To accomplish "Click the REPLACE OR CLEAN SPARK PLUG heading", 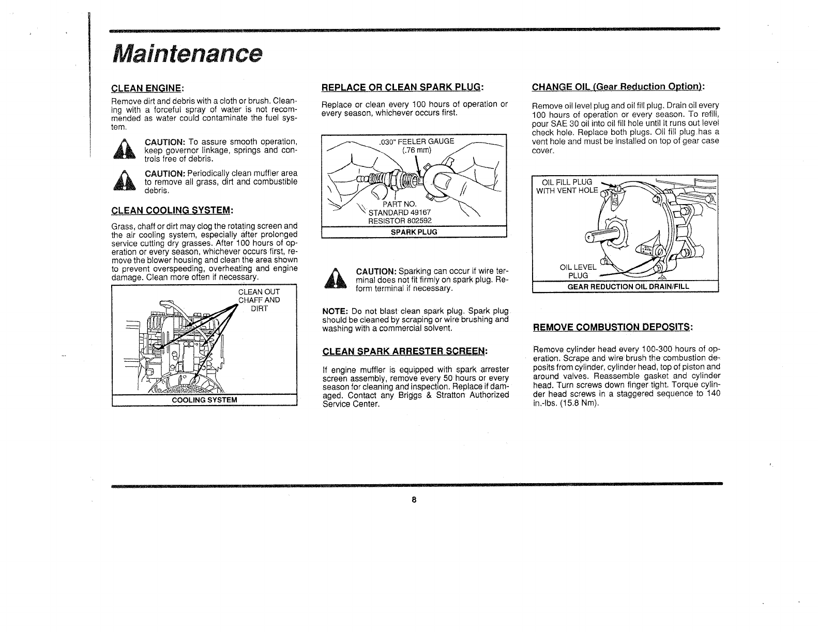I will click(402, 86).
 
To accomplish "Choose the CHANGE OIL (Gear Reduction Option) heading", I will click(619, 86).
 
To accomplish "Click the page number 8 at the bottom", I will click(414, 500).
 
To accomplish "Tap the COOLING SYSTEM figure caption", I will click(204, 400).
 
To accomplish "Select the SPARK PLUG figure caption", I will click(414, 232).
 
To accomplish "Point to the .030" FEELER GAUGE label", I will click(416, 141).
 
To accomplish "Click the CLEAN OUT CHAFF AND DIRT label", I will click(259, 300).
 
